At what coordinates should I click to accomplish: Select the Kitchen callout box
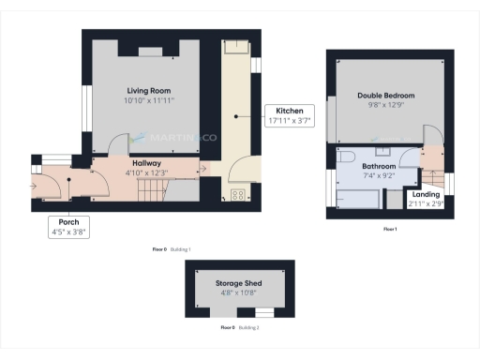(289, 114)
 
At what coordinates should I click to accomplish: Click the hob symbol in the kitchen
(237, 196)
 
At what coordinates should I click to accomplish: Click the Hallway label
(145, 163)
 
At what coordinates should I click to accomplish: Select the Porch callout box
(69, 227)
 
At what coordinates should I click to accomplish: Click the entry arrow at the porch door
(36, 186)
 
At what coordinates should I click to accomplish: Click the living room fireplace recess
(151, 52)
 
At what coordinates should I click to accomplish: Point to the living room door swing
(117, 145)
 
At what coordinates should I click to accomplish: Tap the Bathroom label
(378, 165)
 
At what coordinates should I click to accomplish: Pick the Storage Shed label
(239, 283)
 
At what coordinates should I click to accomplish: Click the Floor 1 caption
(389, 229)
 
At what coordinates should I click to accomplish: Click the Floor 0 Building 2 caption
(239, 327)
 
